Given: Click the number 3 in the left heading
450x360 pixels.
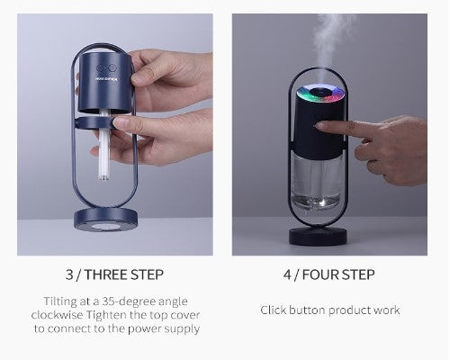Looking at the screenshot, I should click(69, 274).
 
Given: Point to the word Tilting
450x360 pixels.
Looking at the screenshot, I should click(62, 301).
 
